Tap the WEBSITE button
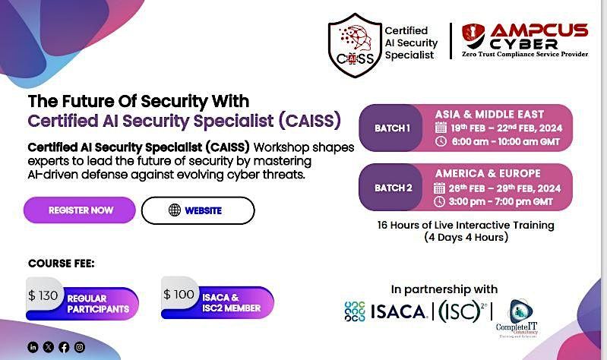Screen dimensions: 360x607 (198, 210)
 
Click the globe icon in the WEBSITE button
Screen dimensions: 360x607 (174, 210)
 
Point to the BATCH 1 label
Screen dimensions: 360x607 (392, 128)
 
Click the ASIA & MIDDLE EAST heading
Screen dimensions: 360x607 (488, 114)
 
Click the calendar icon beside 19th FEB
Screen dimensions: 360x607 (440, 128)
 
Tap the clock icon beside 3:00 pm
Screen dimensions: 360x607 (440, 201)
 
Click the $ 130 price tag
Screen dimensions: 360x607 (43, 295)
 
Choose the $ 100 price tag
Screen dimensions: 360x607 (179, 295)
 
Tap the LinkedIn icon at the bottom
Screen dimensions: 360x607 (33, 347)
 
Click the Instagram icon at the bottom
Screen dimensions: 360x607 (80, 347)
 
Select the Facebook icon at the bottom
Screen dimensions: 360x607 (64, 347)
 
